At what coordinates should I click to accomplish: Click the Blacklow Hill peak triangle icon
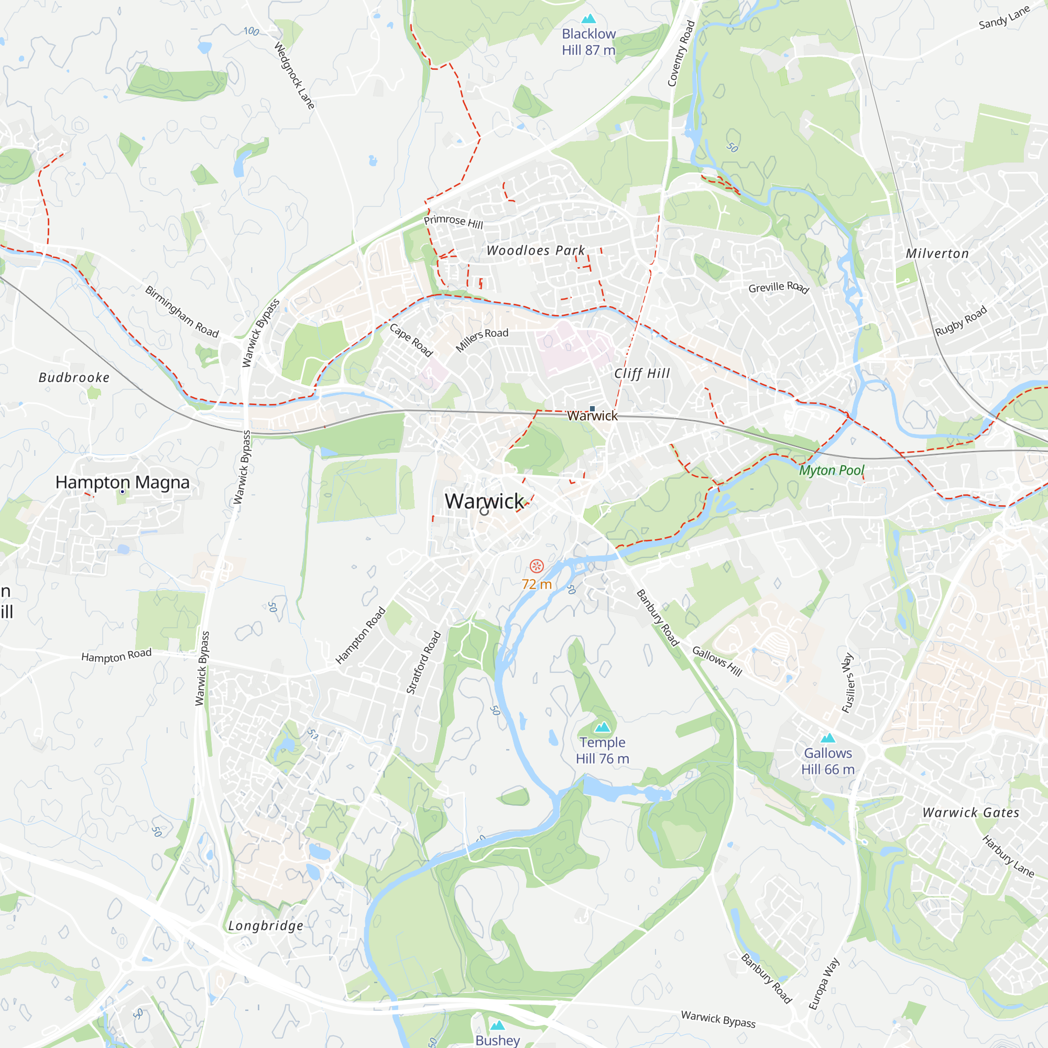588,19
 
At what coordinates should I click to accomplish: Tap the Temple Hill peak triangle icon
602,727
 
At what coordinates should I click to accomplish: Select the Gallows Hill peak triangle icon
828,738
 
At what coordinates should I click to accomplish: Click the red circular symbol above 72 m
537,566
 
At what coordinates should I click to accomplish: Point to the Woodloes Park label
536,250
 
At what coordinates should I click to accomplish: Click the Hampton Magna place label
123,482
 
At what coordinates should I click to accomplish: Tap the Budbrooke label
74,377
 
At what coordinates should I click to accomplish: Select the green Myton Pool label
831,471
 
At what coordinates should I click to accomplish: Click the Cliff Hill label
642,374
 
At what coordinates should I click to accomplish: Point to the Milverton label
937,253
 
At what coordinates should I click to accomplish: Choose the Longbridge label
266,925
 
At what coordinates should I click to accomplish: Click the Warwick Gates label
971,813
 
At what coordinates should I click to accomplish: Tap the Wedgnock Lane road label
294,76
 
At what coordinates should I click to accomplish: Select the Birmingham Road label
182,312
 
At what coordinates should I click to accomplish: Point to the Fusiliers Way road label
848,682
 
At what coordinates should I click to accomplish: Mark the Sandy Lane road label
1004,18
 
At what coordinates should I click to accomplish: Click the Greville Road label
779,287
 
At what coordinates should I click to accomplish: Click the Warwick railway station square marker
592,409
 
